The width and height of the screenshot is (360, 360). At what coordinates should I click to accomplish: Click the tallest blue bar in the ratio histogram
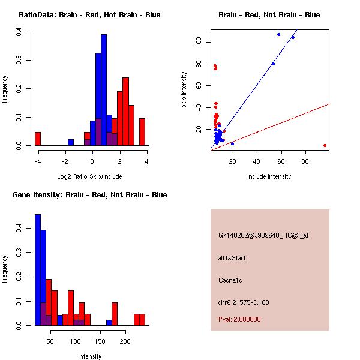point(103,90)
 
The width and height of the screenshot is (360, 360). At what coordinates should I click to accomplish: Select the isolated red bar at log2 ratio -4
point(38,139)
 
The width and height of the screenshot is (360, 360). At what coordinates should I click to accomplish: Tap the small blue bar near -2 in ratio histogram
point(71,142)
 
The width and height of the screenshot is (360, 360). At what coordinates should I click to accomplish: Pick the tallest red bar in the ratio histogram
point(125,111)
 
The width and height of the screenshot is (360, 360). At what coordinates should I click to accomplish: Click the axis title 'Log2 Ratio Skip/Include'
point(89,176)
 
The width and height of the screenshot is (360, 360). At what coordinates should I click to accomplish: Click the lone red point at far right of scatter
point(325,145)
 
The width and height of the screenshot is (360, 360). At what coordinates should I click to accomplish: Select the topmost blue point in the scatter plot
point(278,34)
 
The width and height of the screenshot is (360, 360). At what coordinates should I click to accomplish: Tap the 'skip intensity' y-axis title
point(184,90)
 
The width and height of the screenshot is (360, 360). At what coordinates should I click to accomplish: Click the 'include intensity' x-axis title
point(269,176)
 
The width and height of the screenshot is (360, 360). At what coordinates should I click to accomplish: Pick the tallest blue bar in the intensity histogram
point(38,269)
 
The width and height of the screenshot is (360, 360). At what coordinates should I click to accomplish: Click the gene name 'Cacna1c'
point(230,280)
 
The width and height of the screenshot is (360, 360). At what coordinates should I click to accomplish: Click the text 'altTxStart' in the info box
point(232,258)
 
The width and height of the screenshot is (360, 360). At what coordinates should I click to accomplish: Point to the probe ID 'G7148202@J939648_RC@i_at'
point(263,236)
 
